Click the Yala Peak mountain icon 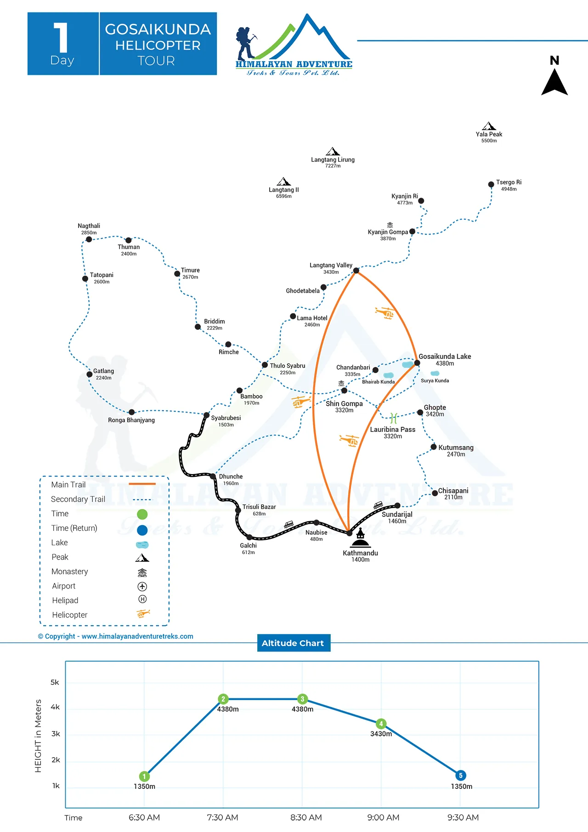(489, 126)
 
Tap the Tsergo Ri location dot (491, 185)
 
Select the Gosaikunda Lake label (445, 357)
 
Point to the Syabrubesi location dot (207, 415)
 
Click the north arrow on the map (554, 81)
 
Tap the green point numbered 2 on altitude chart (223, 699)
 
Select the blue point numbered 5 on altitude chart (461, 775)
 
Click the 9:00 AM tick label (383, 818)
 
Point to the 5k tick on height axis (55, 683)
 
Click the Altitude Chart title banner (293, 643)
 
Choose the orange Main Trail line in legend (142, 484)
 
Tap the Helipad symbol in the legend (142, 599)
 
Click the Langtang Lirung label (333, 160)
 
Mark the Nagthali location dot (89, 239)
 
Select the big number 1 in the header (61, 38)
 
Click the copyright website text (116, 636)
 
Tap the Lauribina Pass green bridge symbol (393, 418)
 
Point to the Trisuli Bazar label (259, 507)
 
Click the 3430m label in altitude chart (381, 734)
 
